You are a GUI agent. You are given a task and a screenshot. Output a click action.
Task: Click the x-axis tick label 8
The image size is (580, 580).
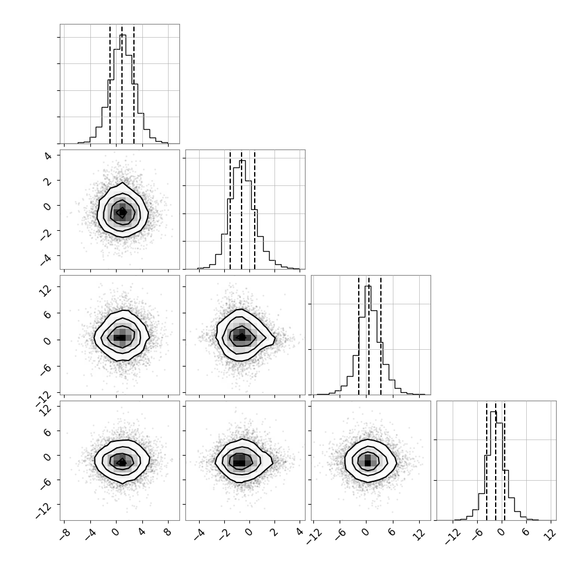[167, 532]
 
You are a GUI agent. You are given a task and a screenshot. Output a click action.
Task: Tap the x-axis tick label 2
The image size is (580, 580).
[274, 532]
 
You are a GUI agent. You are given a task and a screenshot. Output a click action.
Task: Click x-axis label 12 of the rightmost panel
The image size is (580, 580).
[551, 534]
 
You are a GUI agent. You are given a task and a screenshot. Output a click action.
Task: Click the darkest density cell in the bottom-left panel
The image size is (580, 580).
[121, 462]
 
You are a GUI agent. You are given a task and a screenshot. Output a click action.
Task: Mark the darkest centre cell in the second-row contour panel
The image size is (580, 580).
[122, 213]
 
